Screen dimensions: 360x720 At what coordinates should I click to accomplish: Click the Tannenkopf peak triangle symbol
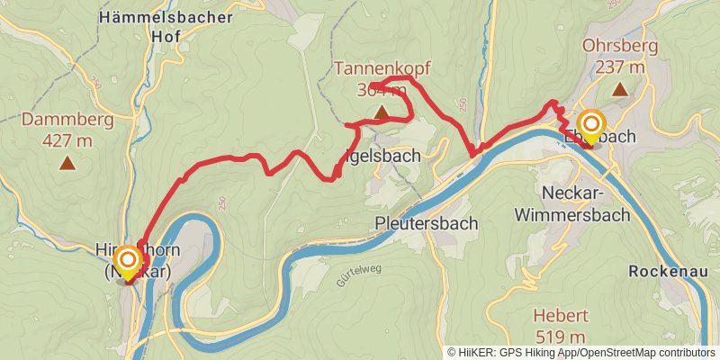382,112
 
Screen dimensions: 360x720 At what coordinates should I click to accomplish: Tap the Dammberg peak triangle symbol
67,163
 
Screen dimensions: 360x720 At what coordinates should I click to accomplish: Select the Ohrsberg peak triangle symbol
619,89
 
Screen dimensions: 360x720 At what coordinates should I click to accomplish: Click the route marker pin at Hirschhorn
129,262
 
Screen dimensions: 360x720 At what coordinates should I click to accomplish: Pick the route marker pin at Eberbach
591,124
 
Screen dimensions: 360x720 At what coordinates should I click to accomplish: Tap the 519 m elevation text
560,337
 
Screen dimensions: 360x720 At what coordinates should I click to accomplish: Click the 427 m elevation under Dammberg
67,139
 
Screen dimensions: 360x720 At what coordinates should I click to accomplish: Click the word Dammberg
67,119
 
